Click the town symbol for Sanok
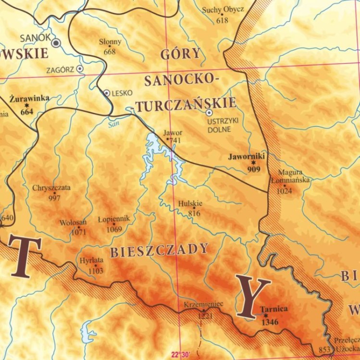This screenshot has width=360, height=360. click(x=57, y=43)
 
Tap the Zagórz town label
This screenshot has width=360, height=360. click(x=60, y=70)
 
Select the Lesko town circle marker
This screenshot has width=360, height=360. click(x=107, y=93)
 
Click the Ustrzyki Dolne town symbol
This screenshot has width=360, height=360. click(x=209, y=113)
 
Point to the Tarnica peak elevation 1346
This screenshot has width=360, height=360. click(x=270, y=322)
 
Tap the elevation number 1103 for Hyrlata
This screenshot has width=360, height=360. click(x=96, y=271)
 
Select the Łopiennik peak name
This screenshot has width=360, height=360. click(x=114, y=219)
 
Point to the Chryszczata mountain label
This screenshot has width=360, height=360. click(x=51, y=188)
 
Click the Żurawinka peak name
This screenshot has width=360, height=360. click(x=29, y=98)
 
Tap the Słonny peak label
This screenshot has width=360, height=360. click(x=110, y=42)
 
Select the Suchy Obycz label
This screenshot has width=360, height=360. click(x=223, y=10)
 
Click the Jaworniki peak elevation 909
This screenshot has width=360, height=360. click(x=253, y=169)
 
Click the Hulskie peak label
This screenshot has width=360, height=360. click(x=190, y=204)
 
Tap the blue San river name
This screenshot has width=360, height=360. click(x=113, y=123)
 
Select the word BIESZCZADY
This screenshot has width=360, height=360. click(x=160, y=250)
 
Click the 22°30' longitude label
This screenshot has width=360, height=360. click(x=181, y=355)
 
